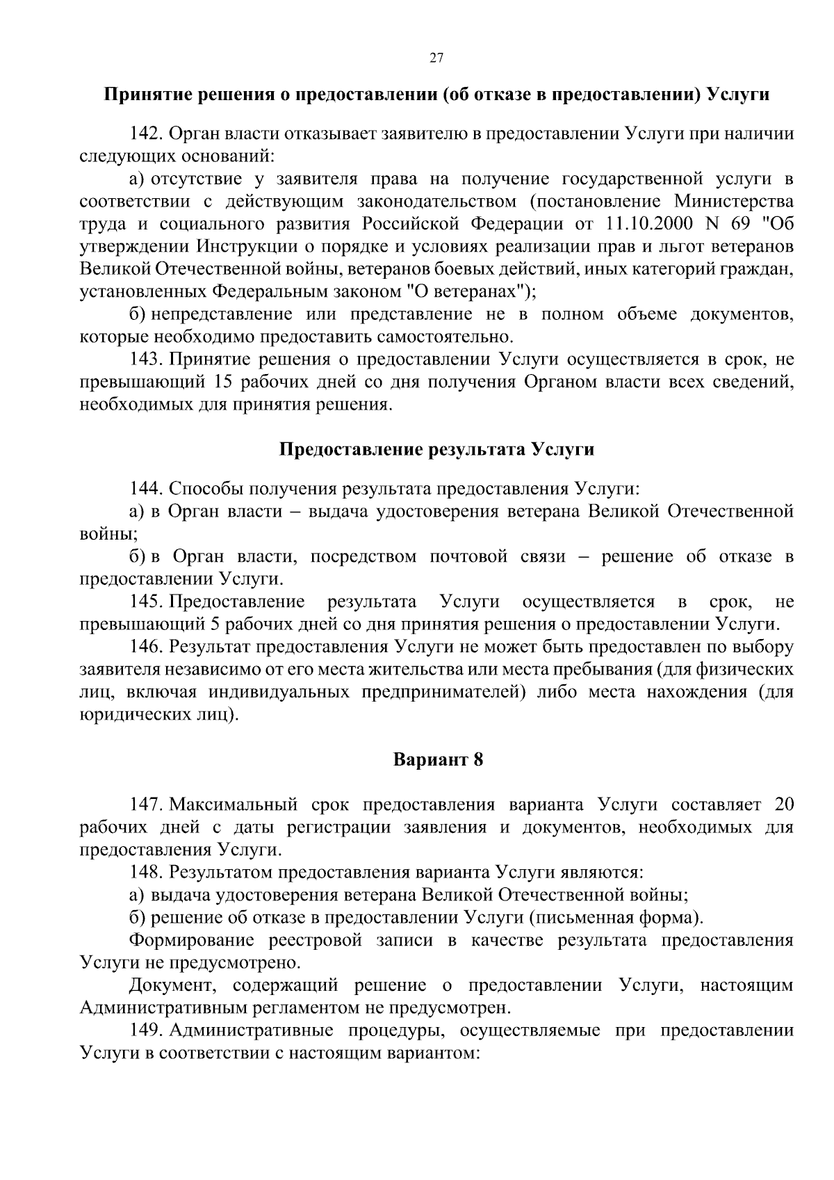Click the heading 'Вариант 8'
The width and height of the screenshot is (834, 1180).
point(438,759)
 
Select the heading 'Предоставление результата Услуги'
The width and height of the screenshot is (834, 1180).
point(436,449)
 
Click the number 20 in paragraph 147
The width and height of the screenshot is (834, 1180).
point(783,805)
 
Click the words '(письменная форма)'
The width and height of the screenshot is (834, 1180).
point(615,918)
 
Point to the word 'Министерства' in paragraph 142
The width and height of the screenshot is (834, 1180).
point(735,202)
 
